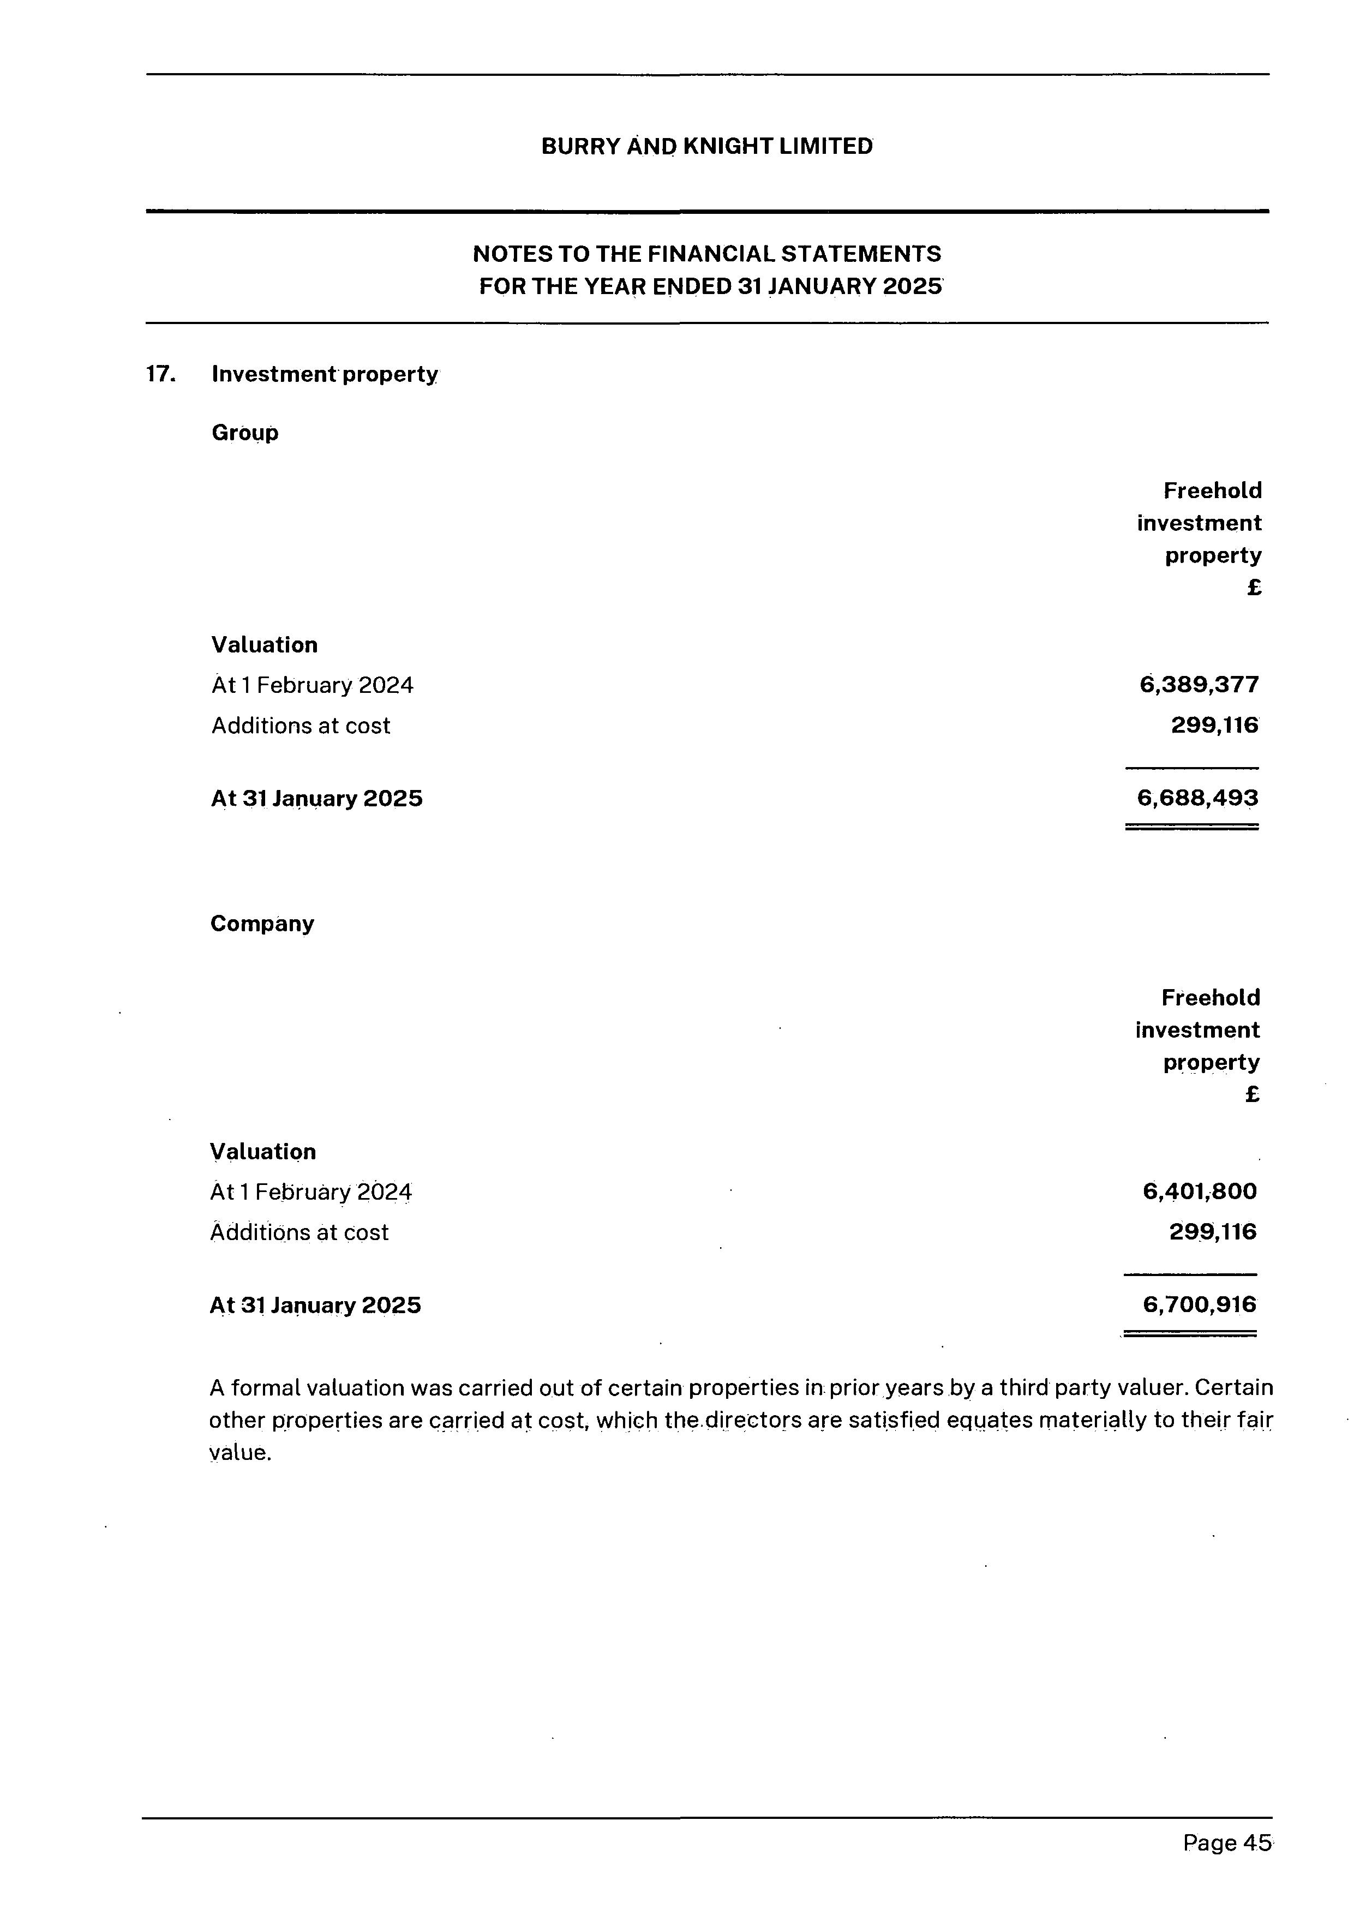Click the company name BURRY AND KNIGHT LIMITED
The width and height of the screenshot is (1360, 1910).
click(706, 147)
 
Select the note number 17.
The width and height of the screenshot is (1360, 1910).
click(160, 374)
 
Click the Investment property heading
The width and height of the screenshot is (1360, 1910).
click(324, 374)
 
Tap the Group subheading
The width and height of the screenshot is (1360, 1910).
click(244, 433)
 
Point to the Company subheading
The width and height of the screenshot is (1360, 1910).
click(262, 924)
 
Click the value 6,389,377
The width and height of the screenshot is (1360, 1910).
click(1199, 685)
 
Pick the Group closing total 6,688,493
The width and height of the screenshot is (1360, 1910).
click(1197, 798)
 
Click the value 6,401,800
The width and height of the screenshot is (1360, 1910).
click(1199, 1191)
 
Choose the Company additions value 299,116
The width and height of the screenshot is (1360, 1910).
click(1213, 1232)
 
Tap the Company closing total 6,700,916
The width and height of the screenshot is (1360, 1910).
click(1199, 1304)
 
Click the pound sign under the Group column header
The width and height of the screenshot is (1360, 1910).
click(1254, 588)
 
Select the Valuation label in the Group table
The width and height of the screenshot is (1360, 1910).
click(265, 645)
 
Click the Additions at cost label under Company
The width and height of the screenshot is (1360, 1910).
click(299, 1232)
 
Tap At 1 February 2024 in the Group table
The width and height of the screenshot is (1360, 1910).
click(313, 686)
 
